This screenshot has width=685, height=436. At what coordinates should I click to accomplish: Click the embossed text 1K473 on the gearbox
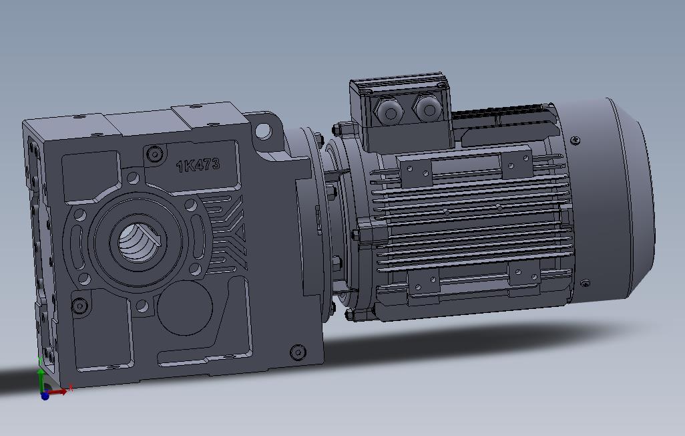point(198,165)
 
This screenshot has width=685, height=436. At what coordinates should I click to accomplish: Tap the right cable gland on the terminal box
point(425,107)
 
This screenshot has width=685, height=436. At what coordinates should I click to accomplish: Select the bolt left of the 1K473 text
point(155,154)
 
